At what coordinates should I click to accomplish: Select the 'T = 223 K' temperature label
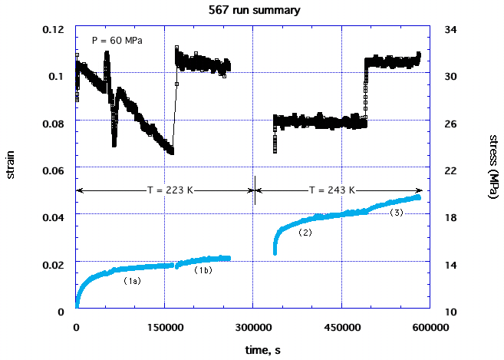[x=165, y=190]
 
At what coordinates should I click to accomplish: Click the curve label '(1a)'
[x=133, y=282]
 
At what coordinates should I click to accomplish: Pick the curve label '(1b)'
[x=203, y=270]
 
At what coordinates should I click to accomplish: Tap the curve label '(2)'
[x=305, y=233]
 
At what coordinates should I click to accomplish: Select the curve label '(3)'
[x=397, y=212]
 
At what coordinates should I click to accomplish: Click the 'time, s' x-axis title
[x=252, y=350]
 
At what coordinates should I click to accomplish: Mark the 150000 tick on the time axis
[x=164, y=326]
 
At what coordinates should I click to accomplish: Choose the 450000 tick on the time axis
[x=341, y=326]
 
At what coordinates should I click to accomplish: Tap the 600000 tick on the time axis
[x=430, y=326]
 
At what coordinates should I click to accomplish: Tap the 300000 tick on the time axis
[x=253, y=326]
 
